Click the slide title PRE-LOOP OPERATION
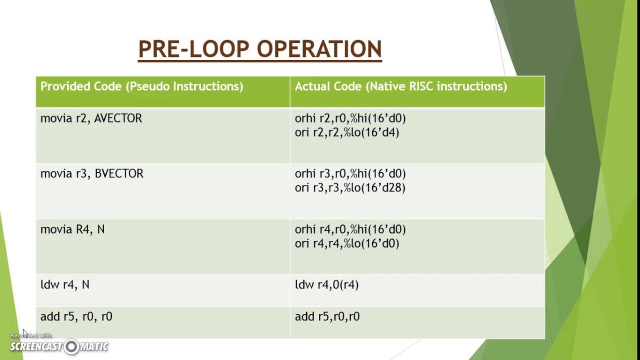point(260,49)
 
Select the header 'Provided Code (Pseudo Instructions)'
point(141,86)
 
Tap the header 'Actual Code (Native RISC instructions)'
point(400,86)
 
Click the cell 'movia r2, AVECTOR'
point(91,118)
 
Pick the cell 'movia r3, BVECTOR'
point(91,174)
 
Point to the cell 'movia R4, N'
point(72,229)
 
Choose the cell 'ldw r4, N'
point(65,285)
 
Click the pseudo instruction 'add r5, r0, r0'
point(76,316)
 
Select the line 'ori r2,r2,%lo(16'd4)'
point(346,132)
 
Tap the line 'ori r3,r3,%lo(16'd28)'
point(349,188)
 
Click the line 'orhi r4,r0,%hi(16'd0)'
point(350,229)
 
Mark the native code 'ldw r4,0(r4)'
point(326,285)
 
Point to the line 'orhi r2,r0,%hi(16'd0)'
point(350,118)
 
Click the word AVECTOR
point(118,118)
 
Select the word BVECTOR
point(119,174)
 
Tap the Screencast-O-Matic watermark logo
point(59,346)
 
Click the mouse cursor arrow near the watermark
point(24,331)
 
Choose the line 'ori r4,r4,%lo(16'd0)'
point(346,243)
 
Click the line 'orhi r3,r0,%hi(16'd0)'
point(350,174)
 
